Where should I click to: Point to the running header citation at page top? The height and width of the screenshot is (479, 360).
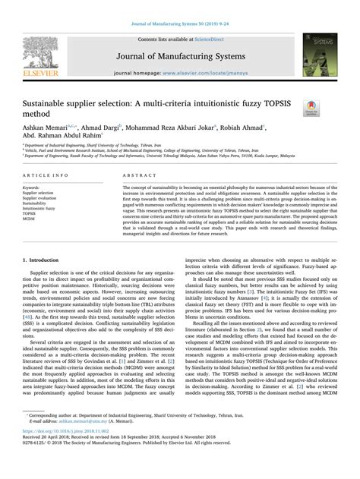pyautogui.click(x=180, y=6)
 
